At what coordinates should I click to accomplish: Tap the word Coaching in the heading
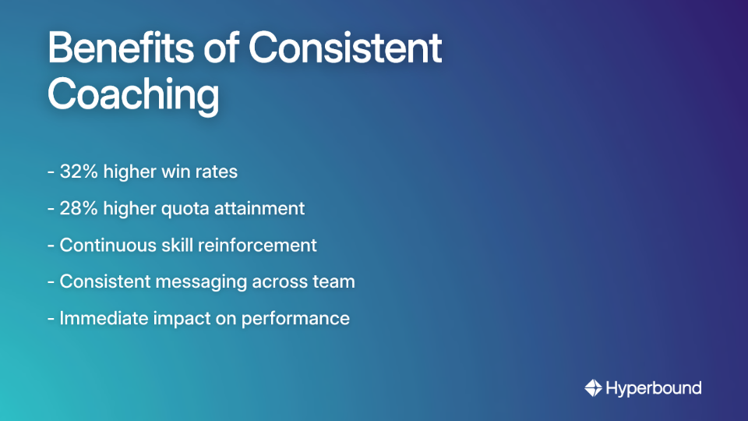[x=133, y=95]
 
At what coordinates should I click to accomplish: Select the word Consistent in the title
[x=344, y=49]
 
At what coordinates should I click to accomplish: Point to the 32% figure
[x=78, y=172]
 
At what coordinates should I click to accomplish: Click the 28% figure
[x=78, y=208]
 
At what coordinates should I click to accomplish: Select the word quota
[x=181, y=209]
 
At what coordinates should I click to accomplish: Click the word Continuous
[x=109, y=245]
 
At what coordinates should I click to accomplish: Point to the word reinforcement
[x=257, y=245]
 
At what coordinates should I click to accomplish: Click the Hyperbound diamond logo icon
[x=593, y=387]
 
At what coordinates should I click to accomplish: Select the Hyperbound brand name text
[x=654, y=387]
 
